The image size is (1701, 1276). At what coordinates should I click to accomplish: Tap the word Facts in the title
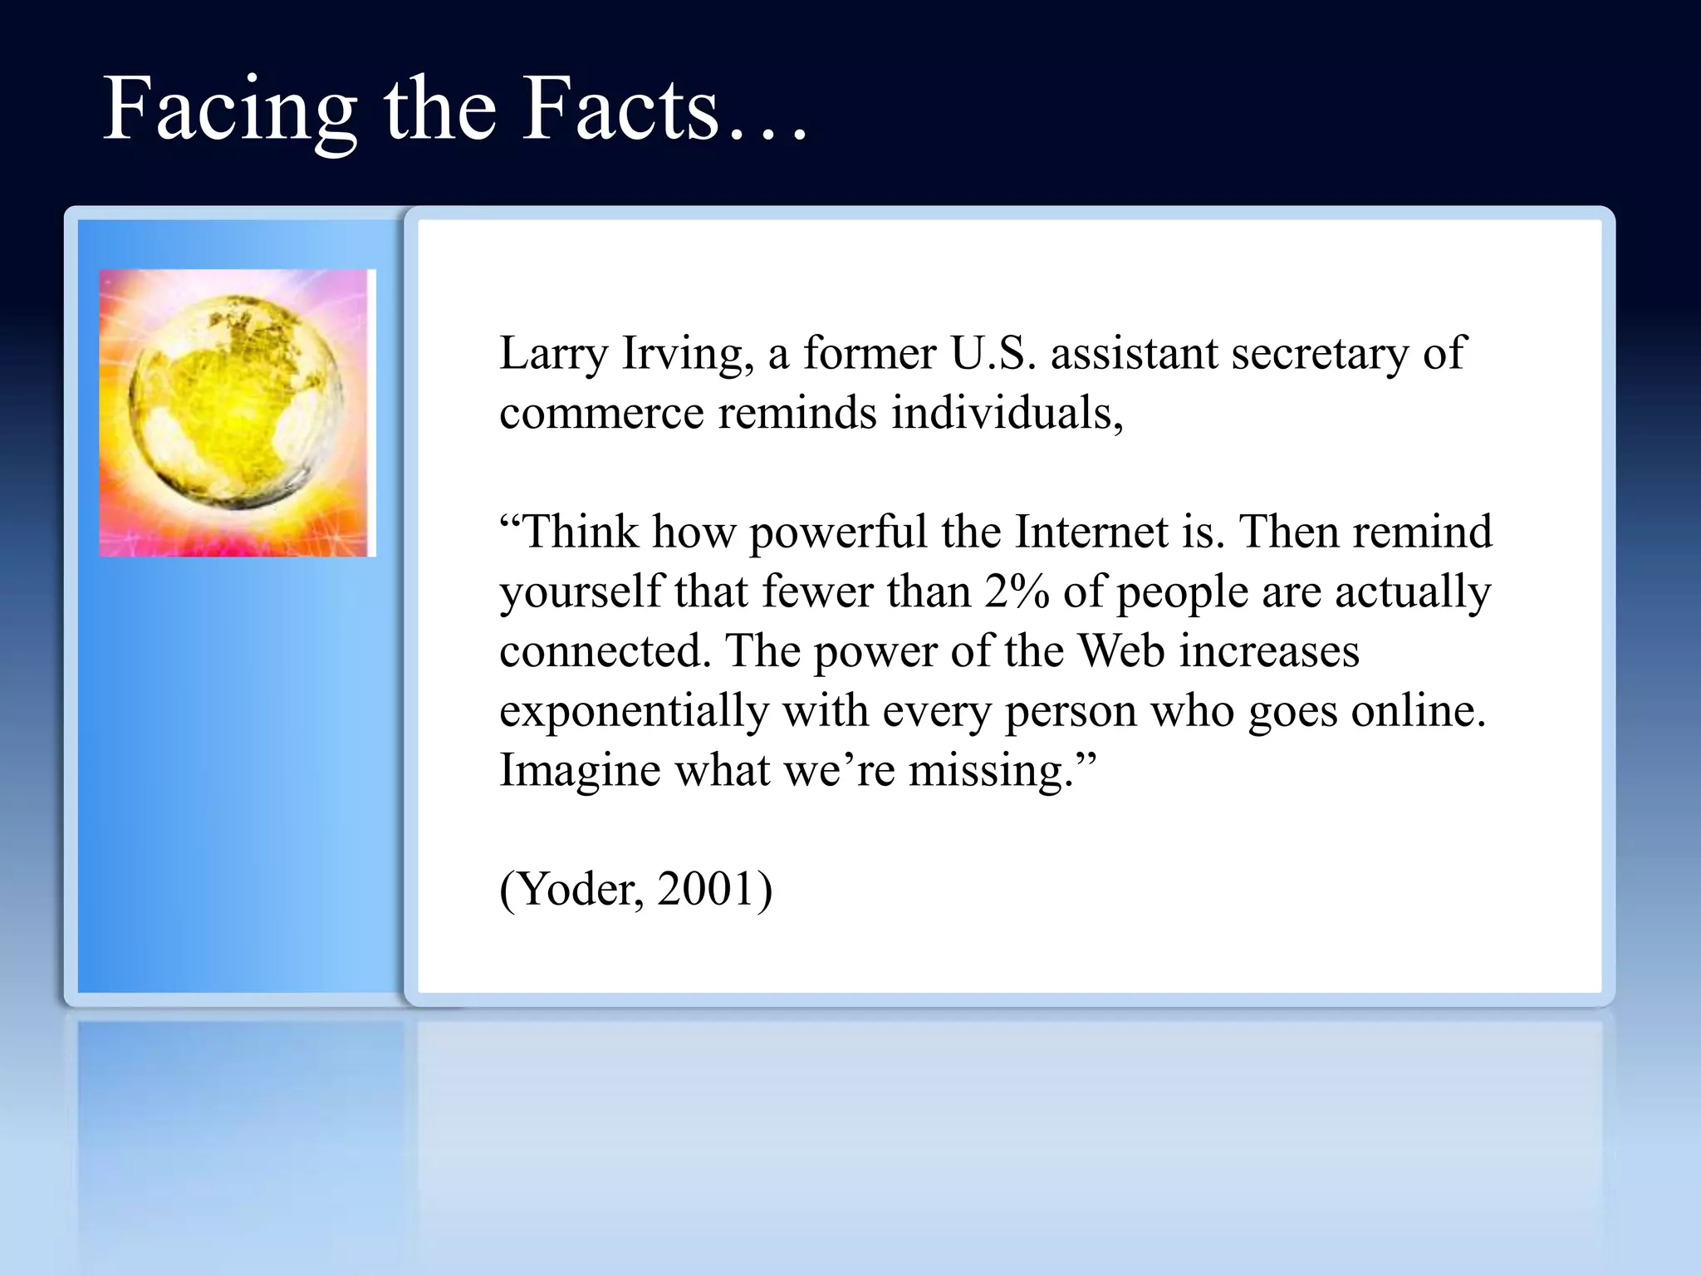[619, 110]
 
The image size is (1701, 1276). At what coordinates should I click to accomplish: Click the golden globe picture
[237, 413]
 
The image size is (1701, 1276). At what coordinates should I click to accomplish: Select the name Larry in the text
[553, 354]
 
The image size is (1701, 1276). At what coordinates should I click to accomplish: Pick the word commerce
[601, 414]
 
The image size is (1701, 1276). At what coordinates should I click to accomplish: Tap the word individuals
[1007, 412]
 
